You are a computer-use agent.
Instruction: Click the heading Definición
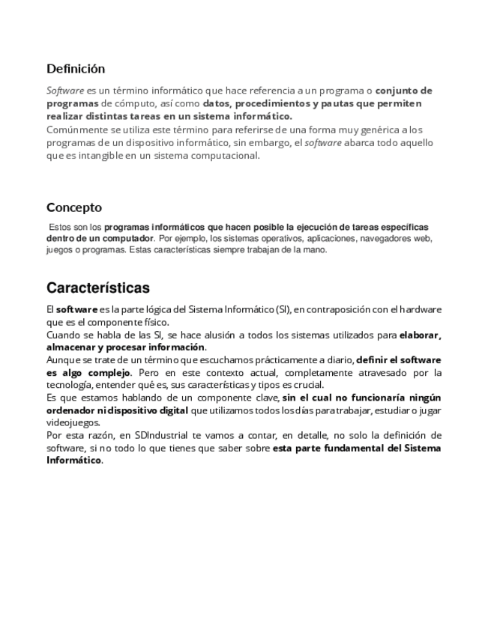click(76, 69)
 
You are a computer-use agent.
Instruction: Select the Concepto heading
click(74, 207)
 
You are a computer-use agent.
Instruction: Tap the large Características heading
click(98, 288)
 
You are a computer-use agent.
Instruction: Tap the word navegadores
click(388, 238)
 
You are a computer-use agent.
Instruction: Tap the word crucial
click(308, 385)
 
